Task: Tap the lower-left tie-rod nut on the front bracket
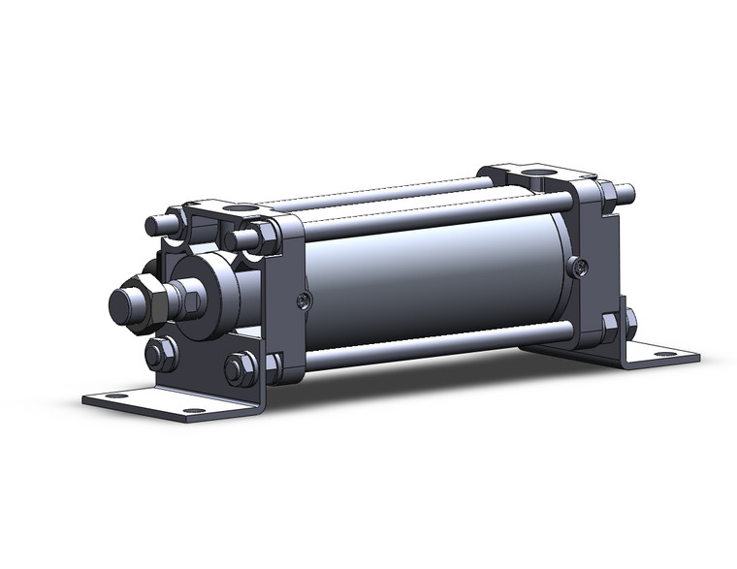tap(160, 353)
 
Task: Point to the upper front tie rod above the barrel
tap(427, 215)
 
